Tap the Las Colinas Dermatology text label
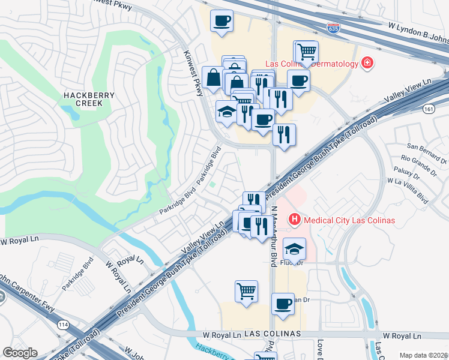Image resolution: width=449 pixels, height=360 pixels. click(312, 64)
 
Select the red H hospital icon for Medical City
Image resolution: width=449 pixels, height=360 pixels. click(295, 220)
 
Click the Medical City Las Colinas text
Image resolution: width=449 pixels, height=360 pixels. click(349, 220)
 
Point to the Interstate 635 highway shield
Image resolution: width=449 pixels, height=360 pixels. click(334, 28)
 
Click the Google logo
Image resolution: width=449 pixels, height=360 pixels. click(20, 353)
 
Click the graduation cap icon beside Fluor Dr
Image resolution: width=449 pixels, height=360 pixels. click(294, 248)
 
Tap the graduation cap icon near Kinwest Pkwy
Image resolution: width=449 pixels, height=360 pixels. click(226, 112)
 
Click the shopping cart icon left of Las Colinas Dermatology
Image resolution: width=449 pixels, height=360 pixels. click(307, 52)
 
